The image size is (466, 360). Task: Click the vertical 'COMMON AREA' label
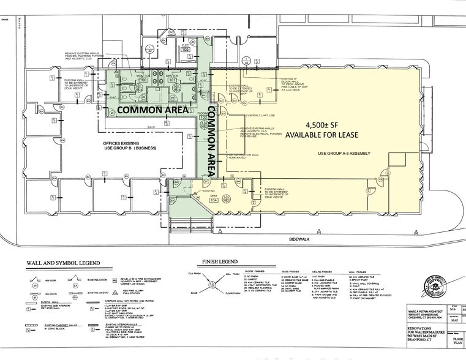click(x=209, y=142)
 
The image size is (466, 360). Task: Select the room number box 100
click(x=143, y=80)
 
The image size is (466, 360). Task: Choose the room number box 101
click(x=173, y=80)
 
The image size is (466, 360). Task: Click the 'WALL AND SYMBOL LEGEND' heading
click(x=62, y=263)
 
